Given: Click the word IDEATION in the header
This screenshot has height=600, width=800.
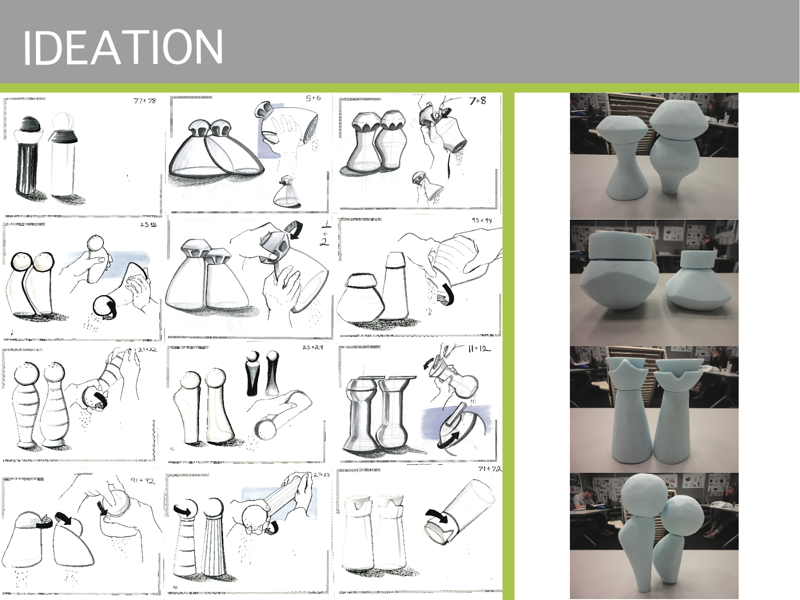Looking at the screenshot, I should (x=122, y=48).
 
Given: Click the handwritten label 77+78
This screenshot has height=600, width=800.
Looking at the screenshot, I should (x=144, y=101).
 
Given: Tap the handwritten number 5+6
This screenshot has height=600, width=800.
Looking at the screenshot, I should (x=313, y=98).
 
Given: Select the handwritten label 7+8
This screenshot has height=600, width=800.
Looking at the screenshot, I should (x=477, y=101).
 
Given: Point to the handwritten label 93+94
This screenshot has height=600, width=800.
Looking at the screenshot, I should (x=481, y=220).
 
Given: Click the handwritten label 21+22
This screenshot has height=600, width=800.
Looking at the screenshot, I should (x=147, y=349).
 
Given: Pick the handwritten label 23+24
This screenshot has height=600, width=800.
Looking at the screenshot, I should (x=312, y=347).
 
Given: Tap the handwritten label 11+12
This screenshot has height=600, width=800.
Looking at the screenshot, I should (x=479, y=349).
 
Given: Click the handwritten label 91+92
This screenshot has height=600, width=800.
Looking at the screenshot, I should (x=142, y=480).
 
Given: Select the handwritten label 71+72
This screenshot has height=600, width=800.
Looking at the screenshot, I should (x=489, y=469).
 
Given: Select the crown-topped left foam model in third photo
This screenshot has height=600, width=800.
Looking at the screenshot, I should (x=628, y=410).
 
